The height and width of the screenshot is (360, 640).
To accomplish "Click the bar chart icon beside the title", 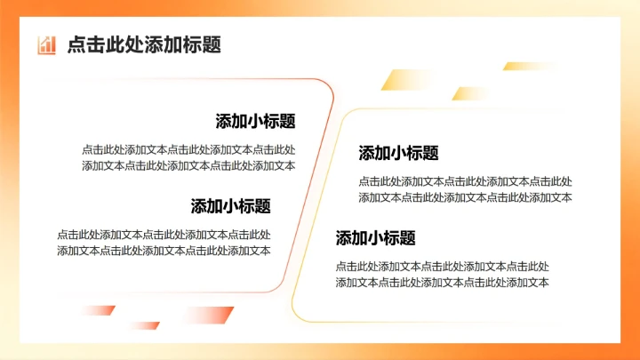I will tap(47, 44).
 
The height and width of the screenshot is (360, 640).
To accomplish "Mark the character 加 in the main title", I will tap(173, 45).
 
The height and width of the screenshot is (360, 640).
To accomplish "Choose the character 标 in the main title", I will tap(193, 45).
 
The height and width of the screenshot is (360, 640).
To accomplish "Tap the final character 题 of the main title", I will tap(212, 45).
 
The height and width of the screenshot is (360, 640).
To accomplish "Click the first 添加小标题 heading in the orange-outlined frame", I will tap(255, 122).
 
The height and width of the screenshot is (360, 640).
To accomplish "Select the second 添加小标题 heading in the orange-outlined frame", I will tap(230, 206).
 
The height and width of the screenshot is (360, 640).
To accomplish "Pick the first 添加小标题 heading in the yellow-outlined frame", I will tap(399, 153).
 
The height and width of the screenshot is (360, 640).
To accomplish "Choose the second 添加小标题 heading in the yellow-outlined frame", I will tap(375, 238).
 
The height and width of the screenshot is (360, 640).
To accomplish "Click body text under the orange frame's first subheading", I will tap(188, 157).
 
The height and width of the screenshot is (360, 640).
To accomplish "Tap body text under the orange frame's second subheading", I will tap(164, 243).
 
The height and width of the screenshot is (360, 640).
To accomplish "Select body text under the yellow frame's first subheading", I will tap(465, 189).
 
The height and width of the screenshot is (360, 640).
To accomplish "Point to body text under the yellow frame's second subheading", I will tap(442, 274).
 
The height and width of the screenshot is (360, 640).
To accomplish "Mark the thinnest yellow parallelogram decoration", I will tap(518, 66).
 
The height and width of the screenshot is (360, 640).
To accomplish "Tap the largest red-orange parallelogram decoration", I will tap(212, 315).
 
